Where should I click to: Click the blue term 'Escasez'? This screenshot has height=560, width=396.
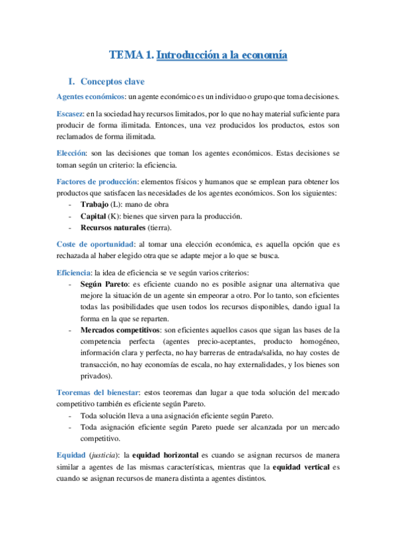pyautogui.click(x=70, y=114)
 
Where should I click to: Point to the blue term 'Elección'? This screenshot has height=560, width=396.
pyautogui.click(x=71, y=153)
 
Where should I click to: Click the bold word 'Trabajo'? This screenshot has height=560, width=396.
pyautogui.click(x=94, y=205)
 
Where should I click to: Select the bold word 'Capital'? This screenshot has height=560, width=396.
pyautogui.click(x=93, y=216)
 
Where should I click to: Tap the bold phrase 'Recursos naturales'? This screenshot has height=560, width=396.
pyautogui.click(x=112, y=228)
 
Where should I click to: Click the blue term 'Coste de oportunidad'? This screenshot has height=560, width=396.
pyautogui.click(x=95, y=244)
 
